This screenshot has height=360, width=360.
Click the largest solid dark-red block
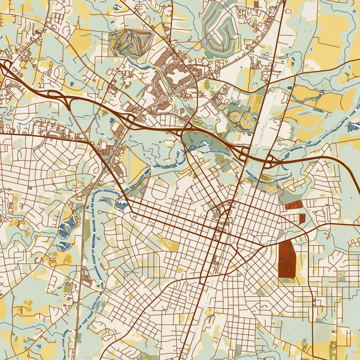click(x=287, y=259)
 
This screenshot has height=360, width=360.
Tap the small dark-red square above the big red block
click(x=302, y=218)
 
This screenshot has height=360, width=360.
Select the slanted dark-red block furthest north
click(x=293, y=205)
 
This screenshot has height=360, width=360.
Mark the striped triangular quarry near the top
click(x=131, y=42)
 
